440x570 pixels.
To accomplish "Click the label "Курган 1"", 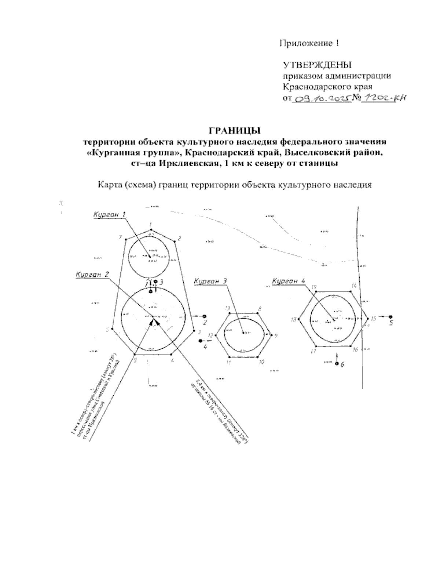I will coord(109,214).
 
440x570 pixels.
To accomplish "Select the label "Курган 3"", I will coord(211,282).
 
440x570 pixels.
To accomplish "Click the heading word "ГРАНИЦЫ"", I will coord(234,130).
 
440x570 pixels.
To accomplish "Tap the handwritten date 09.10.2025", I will coord(321,98).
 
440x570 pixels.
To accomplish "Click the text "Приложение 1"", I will coord(309,44).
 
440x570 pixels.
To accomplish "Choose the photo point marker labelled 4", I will coord(200,341).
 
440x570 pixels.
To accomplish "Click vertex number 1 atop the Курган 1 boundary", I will coord(151,230).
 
